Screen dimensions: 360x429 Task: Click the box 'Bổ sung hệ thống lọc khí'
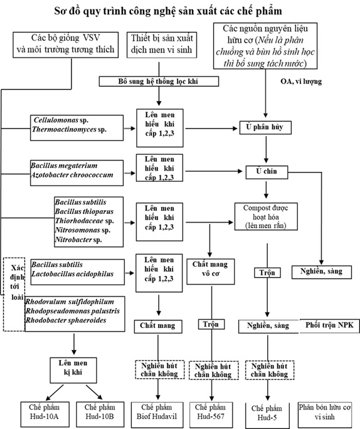pos(159,82)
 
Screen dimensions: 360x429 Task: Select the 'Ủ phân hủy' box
pos(265,127)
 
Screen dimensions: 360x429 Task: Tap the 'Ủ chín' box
pos(267,172)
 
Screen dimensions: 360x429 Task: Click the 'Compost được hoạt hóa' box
pos(266,216)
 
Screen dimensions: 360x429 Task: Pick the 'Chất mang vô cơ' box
pos(210,272)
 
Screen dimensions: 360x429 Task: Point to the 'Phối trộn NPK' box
pos(330,326)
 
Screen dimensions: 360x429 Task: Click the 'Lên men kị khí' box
pos(73,370)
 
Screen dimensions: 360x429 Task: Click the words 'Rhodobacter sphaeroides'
pos(66,320)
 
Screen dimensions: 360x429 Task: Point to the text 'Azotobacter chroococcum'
pos(72,175)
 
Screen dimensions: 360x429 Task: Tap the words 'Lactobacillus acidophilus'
pos(72,274)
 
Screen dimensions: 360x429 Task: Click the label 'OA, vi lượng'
pos(301,82)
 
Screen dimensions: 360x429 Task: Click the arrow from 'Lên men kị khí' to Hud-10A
pos(55,393)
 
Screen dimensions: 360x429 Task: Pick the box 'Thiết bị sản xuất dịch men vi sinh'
pos(162,45)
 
